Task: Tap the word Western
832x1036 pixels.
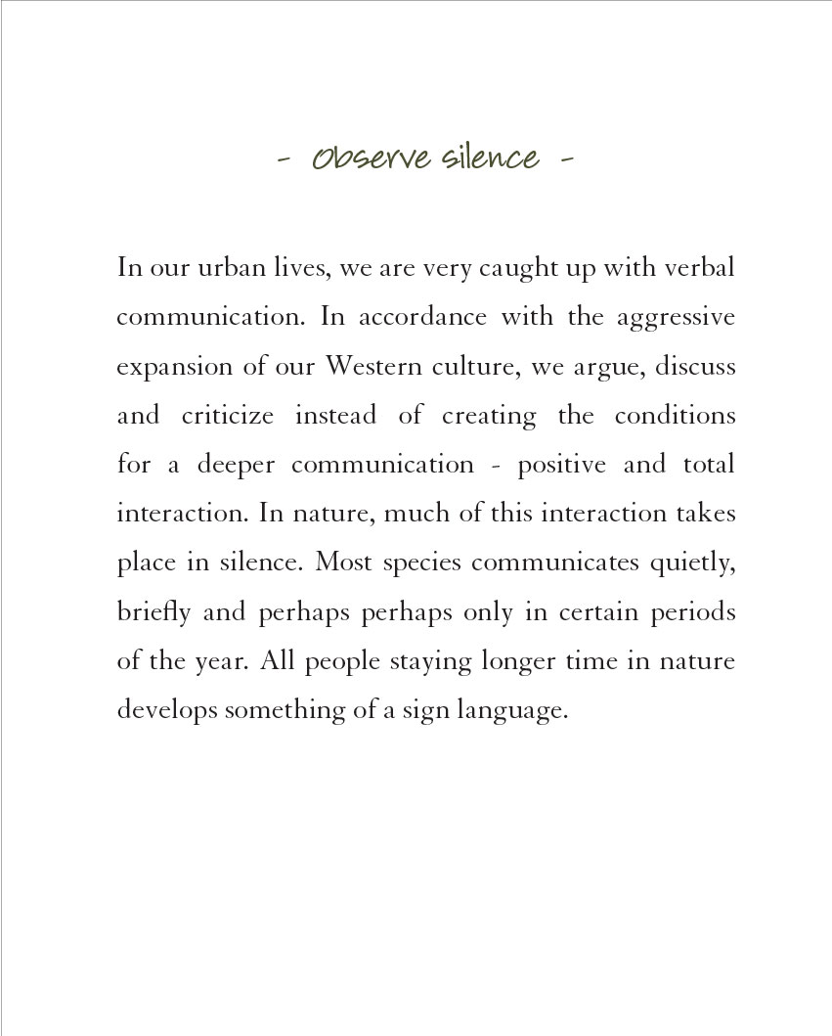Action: (370, 367)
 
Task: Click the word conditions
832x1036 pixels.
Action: (675, 416)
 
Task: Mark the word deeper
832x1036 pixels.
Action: (234, 465)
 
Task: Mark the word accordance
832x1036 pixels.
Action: (422, 318)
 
